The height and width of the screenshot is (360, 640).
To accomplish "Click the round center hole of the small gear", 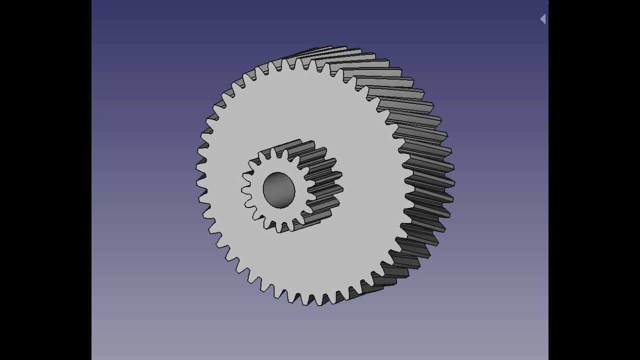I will pos(278,190).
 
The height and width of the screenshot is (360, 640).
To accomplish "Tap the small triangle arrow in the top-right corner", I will pos(542,19).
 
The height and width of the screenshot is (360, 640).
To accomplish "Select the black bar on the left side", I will pos(45,180).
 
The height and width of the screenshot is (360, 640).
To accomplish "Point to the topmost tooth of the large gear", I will pos(300,62).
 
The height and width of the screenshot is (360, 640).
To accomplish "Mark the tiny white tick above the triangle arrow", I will pos(547,2).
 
